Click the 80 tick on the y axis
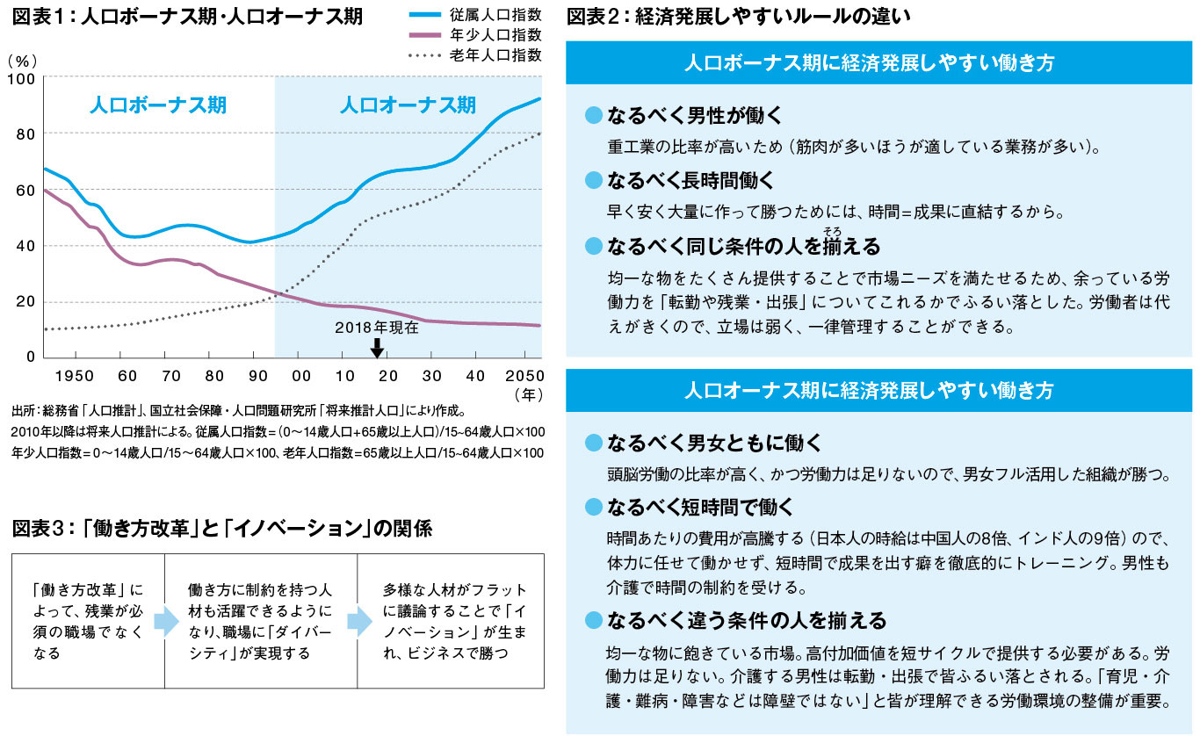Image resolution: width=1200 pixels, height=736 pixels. click(24, 134)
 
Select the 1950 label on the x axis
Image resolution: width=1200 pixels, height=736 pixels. click(76, 375)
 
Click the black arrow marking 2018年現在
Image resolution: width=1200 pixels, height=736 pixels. click(377, 349)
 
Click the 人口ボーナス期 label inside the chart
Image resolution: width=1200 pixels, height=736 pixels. click(158, 106)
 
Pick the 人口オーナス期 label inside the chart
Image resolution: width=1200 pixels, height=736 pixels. click(408, 106)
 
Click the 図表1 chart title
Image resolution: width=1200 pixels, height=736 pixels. click(187, 17)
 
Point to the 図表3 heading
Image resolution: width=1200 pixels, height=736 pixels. click(221, 529)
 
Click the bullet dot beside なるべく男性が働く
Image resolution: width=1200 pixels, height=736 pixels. click(594, 115)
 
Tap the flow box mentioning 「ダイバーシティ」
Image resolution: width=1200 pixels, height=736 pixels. click(261, 621)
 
